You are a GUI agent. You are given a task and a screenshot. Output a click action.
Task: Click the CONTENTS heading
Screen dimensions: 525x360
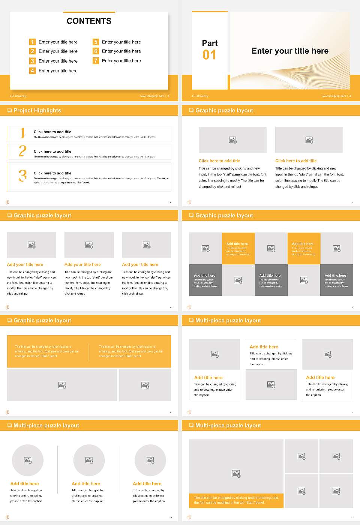pos(89,21)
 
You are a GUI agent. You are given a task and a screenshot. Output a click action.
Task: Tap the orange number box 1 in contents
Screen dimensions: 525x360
pos(33,42)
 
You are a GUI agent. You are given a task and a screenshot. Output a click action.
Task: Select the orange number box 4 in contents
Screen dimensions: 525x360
pos(33,70)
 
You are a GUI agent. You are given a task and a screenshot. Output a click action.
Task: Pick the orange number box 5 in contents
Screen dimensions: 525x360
pos(96,42)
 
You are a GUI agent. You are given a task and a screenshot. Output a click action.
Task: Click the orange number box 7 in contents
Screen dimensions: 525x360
pos(96,61)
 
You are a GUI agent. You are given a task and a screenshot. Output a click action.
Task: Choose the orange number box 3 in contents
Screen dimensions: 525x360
pos(33,61)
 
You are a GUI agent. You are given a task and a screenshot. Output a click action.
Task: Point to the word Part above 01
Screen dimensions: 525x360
pos(210,43)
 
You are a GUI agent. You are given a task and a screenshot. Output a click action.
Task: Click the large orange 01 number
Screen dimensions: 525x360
pos(209,55)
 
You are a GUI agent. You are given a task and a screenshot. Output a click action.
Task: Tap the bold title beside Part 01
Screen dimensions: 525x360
pos(289,51)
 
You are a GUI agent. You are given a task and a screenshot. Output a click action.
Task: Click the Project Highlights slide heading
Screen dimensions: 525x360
pos(37,110)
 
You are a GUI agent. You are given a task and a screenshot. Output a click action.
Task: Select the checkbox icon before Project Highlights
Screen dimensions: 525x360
pos(9,110)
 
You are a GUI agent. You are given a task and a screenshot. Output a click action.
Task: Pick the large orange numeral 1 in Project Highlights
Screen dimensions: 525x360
pos(22,133)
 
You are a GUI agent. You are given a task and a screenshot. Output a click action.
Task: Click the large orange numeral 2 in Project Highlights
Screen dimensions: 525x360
pos(22,151)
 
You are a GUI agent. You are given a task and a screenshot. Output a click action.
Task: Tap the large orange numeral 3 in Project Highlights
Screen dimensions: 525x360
pos(22,175)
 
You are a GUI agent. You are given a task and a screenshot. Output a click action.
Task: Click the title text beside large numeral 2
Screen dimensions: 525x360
pos(52,151)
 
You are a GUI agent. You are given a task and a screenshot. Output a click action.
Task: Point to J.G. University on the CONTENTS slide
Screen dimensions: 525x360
pos(18,96)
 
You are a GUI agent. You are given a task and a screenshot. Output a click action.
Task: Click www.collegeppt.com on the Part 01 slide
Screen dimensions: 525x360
pos(333,96)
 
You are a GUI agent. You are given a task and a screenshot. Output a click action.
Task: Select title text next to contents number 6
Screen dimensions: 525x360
pos(121,51)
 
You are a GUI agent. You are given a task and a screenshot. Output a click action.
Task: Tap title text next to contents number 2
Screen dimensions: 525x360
pos(58,51)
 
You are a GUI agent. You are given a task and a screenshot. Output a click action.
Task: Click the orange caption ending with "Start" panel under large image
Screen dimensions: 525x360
pos(236,500)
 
